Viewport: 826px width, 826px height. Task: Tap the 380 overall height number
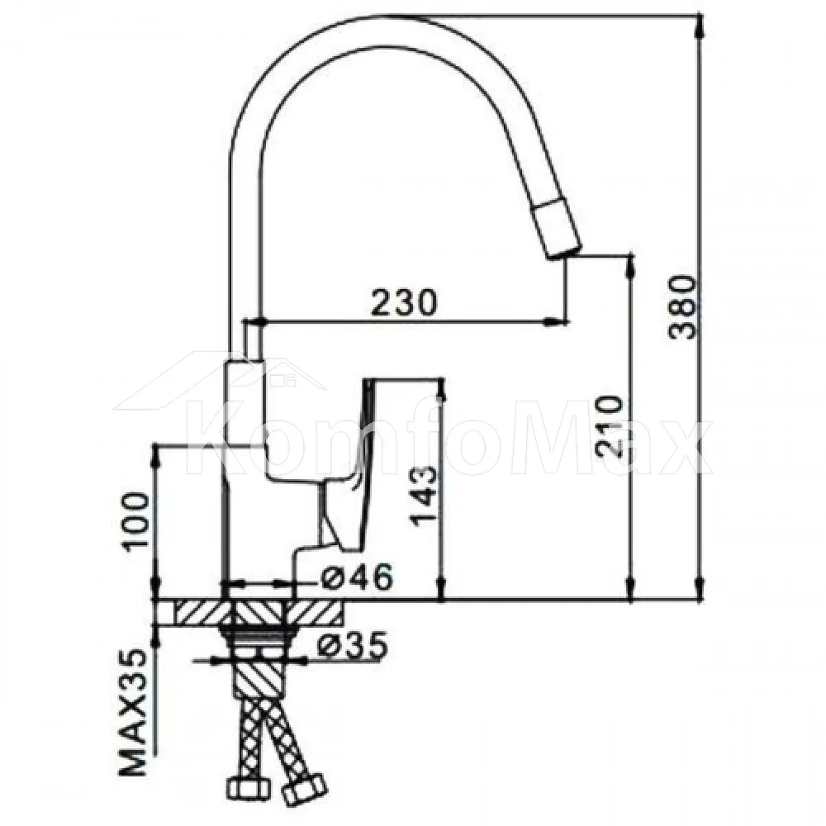[x=682, y=307]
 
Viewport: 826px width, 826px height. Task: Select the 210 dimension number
[x=610, y=426]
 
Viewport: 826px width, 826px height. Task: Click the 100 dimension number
[x=135, y=522]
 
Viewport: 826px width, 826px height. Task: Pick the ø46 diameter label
[x=356, y=577]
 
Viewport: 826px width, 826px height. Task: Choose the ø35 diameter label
[x=352, y=643]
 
